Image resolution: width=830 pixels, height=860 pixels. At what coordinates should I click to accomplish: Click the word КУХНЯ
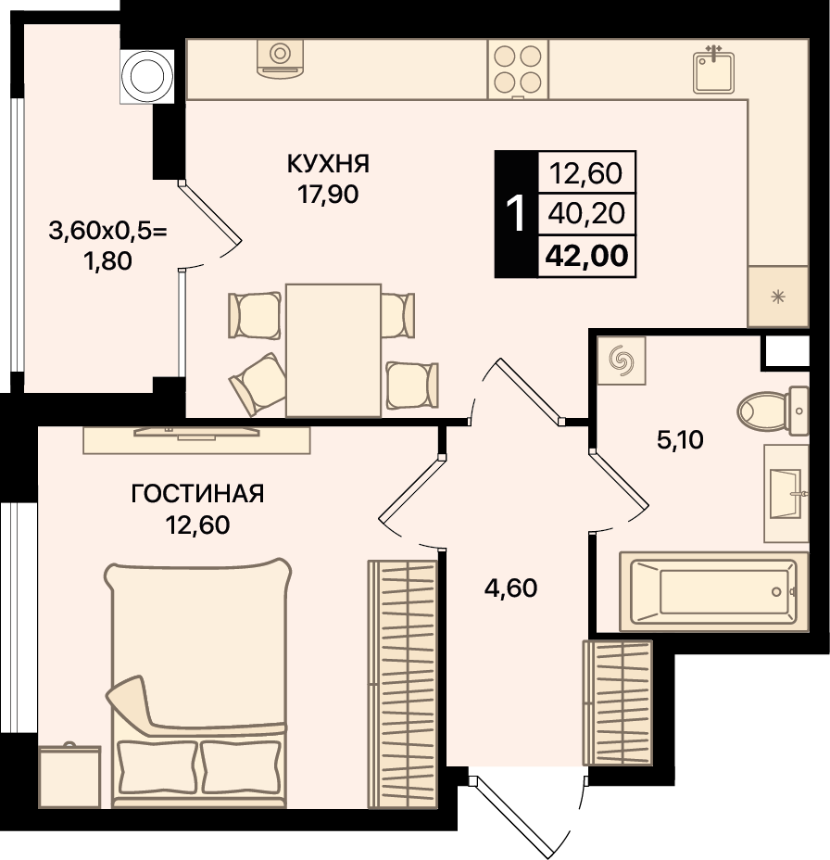(x=328, y=163)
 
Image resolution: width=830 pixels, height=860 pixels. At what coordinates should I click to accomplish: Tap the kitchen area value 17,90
(x=328, y=195)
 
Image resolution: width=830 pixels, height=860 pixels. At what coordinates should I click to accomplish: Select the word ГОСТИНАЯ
(x=197, y=494)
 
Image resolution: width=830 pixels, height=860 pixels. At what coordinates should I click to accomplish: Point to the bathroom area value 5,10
(x=680, y=440)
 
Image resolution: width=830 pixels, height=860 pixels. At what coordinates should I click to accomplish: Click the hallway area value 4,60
(x=510, y=588)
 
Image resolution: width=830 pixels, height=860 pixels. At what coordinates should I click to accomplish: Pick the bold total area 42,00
(x=587, y=256)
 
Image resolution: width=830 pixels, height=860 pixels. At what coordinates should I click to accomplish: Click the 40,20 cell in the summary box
(x=586, y=214)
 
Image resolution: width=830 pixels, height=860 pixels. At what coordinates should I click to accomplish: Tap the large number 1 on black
(x=516, y=214)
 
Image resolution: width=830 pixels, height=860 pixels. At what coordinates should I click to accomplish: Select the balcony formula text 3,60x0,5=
(x=107, y=231)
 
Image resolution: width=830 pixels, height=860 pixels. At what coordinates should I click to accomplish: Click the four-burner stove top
(x=518, y=70)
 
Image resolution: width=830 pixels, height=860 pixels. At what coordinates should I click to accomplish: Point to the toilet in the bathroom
(x=773, y=411)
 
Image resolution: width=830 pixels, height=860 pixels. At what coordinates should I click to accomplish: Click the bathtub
(x=714, y=592)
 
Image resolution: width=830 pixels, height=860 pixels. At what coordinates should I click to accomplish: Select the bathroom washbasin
(x=786, y=493)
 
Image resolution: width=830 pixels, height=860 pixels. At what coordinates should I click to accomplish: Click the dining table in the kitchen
(x=333, y=350)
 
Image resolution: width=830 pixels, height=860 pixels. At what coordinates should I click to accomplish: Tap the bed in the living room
(x=198, y=682)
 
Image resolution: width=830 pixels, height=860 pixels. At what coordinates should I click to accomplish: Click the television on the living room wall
(x=196, y=434)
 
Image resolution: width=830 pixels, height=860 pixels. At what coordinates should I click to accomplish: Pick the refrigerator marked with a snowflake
(x=778, y=297)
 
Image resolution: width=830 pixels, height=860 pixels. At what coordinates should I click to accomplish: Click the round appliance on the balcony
(x=147, y=76)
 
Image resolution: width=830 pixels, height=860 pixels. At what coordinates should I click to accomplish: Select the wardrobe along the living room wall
(x=402, y=684)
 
